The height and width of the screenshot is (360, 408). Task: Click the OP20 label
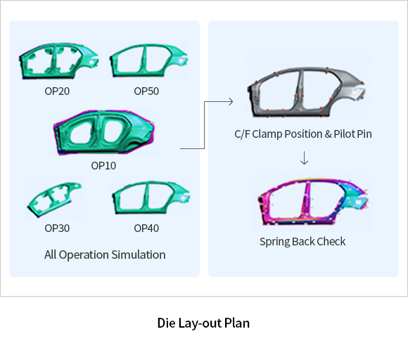57,91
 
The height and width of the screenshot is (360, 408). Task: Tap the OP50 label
146,91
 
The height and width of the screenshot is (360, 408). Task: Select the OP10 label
103,166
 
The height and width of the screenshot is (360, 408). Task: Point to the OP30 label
57,229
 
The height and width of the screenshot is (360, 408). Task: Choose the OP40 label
146,229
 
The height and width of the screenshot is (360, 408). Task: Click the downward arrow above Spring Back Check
304,158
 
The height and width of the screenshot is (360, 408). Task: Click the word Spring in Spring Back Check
274,242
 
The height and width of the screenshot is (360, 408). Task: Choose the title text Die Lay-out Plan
203,323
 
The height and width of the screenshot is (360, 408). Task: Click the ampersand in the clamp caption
328,134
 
